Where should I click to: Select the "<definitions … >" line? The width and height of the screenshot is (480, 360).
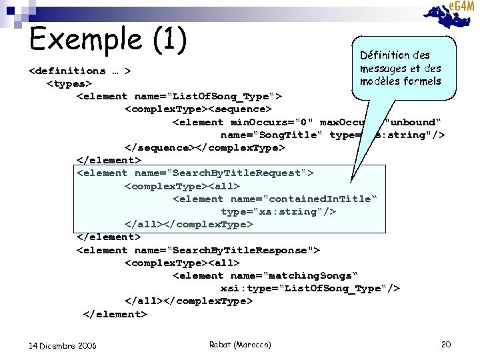[79, 71]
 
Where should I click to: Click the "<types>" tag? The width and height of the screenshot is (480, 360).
[69, 83]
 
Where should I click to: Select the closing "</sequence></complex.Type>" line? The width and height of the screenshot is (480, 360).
[205, 147]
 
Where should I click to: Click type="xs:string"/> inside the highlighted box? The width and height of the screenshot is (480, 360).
[278, 211]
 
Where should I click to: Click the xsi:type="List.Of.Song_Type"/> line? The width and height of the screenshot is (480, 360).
[310, 288]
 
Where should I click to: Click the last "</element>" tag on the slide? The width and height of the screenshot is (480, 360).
[115, 314]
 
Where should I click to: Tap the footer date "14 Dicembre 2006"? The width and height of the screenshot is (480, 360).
[63, 345]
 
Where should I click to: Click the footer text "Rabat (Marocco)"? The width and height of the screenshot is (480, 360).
[240, 344]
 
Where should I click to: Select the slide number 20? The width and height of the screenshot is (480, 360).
[446, 344]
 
